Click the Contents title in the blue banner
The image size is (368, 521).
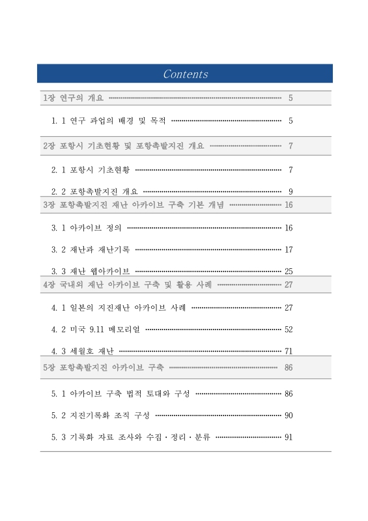pos(185,74)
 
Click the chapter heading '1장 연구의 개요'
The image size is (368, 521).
pos(72,98)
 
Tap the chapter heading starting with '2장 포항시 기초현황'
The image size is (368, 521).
pos(123,145)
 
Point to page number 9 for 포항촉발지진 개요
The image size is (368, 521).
pos(290,191)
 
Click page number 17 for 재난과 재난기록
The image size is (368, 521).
pos(289,249)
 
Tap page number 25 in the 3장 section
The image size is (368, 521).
pos(289,270)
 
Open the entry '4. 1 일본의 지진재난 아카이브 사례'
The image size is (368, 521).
pos(119,307)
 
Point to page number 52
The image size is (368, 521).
pos(289,329)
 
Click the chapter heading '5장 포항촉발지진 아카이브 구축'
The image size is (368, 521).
pos(103,368)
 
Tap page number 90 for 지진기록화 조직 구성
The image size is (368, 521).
pos(289,415)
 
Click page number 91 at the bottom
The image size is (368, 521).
pos(289,436)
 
